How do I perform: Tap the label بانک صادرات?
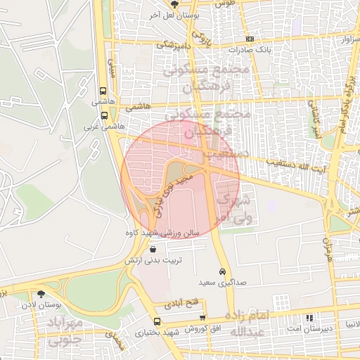pyautogui.click(x=248, y=50)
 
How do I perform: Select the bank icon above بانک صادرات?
pyautogui.click(x=249, y=39)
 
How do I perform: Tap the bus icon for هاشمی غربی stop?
pyautogui.click(x=104, y=115)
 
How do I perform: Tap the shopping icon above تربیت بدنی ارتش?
pyautogui.click(x=153, y=250)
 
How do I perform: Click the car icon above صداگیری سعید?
pyautogui.click(x=222, y=271)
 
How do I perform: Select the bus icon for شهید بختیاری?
pyautogui.click(x=156, y=322)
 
